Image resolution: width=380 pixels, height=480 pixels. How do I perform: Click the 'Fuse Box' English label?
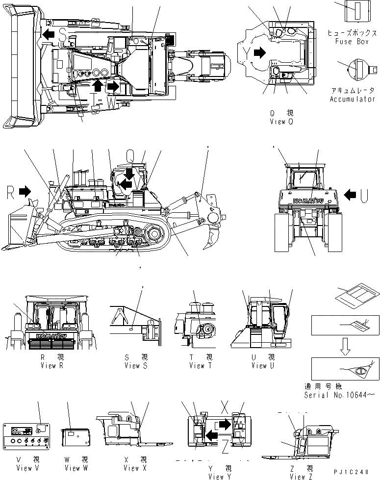click(x=352, y=42)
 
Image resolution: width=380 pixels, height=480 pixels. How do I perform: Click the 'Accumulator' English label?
click(x=352, y=99)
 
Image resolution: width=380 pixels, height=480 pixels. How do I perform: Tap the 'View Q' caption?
click(x=281, y=122)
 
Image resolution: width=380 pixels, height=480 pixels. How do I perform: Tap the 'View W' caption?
click(x=76, y=468)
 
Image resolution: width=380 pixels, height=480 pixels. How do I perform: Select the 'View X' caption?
click(x=132, y=468)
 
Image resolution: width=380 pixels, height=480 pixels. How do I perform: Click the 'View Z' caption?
click(x=298, y=476)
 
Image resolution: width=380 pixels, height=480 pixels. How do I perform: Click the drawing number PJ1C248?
click(x=352, y=472)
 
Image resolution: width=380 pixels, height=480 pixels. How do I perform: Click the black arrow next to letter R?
click(x=25, y=192)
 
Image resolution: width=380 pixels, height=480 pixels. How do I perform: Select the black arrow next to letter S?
click(x=48, y=34)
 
